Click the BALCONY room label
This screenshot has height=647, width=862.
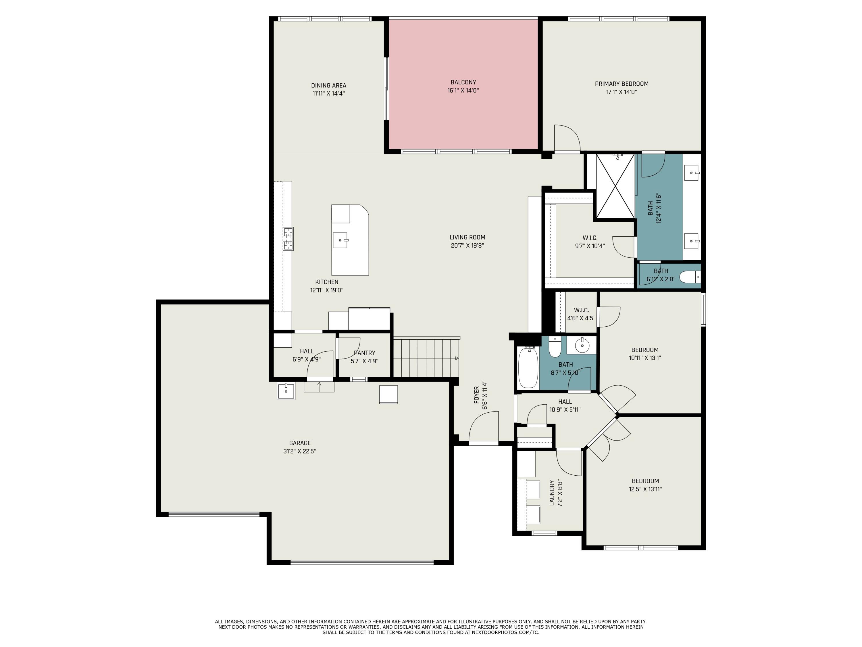pos(463,82)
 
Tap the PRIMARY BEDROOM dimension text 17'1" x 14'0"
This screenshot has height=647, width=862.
pos(622,92)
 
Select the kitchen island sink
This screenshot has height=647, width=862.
pos(340,240)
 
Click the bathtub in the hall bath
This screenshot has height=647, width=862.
pos(528,368)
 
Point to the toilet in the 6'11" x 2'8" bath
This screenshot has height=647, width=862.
pos(690,277)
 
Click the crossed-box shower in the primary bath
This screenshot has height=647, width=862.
pos(615,186)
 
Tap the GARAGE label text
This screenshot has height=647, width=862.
pos(300,443)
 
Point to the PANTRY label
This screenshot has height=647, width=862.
pos(364,353)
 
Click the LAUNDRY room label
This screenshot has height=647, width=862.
pos(552,493)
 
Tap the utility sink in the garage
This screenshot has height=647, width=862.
pos(286,391)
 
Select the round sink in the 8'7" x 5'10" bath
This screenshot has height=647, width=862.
pos(582,345)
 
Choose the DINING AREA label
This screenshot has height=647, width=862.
pos(328,85)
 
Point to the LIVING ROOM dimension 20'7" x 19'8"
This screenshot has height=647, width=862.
pos(467,246)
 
